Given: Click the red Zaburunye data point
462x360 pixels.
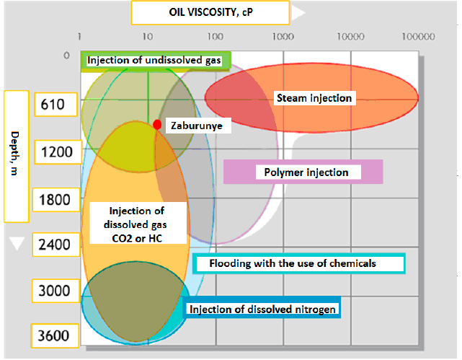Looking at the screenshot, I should pyautogui.click(x=157, y=125).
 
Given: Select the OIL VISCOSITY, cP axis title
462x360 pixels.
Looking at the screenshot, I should pyautogui.click(x=210, y=12).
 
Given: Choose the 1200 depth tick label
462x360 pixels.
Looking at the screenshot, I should pyautogui.click(x=53, y=152).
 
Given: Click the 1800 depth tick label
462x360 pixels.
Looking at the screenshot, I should pyautogui.click(x=53, y=198).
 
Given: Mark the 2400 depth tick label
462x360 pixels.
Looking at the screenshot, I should pyautogui.click(x=53, y=245).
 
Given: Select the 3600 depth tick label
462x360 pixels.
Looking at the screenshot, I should pyautogui.click(x=53, y=336).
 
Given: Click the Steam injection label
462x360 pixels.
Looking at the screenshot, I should pyautogui.click(x=314, y=97).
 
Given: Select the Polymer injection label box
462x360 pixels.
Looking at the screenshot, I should pyautogui.click(x=303, y=172).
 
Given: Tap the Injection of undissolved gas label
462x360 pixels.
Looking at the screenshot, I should pyautogui.click(x=154, y=61).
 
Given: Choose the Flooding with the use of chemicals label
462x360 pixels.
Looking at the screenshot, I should pyautogui.click(x=299, y=263).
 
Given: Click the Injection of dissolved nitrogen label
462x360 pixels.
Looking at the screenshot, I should pyautogui.click(x=263, y=309).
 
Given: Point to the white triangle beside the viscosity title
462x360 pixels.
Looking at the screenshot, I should pyautogui.click(x=298, y=12).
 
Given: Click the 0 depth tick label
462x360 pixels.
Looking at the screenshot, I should pyautogui.click(x=66, y=56).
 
